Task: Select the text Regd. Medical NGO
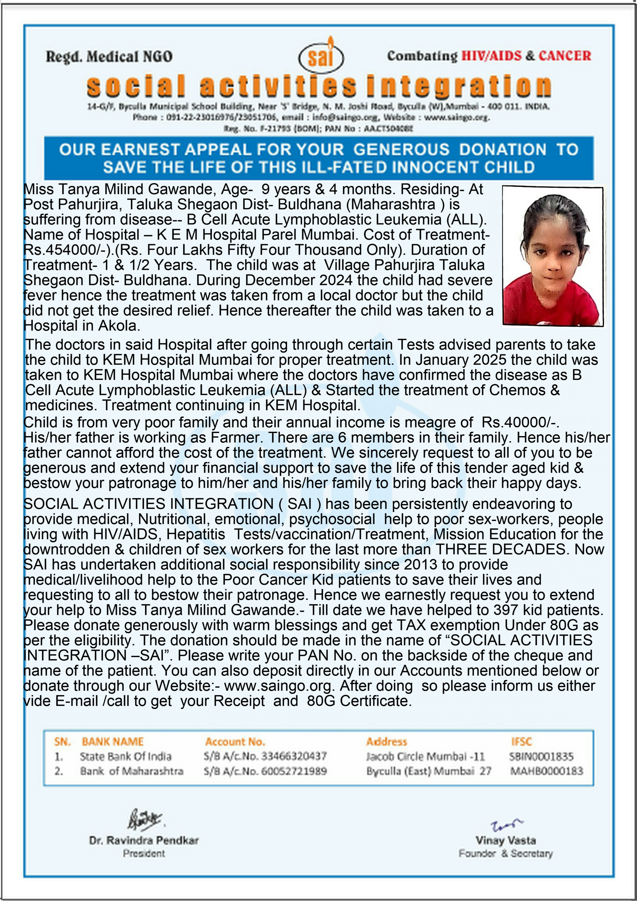[109, 57]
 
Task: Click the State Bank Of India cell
[126, 757]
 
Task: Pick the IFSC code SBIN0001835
[541, 757]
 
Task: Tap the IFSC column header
[521, 742]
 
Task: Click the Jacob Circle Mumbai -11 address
[425, 757]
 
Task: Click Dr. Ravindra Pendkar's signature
[144, 820]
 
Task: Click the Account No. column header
[235, 742]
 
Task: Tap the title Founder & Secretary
[505, 853]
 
